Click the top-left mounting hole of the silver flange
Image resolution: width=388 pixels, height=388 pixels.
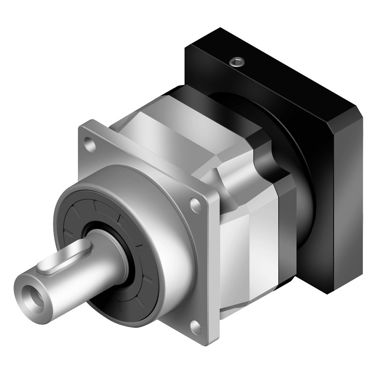[x=88, y=143]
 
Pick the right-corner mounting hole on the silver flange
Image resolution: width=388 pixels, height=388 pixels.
[x=195, y=203]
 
